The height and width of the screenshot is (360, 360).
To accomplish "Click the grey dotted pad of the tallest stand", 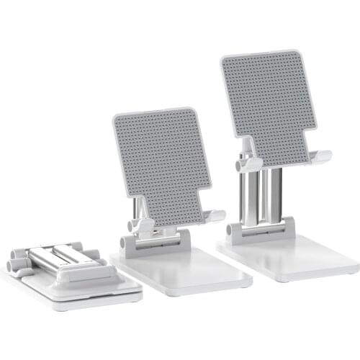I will pyautogui.click(x=268, y=97).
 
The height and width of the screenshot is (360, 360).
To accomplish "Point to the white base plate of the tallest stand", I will pyautogui.click(x=288, y=256).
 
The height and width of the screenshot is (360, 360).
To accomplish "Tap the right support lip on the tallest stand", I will pyautogui.click(x=320, y=156).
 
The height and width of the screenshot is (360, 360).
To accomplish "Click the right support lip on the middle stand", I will pyautogui.click(x=214, y=216).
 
